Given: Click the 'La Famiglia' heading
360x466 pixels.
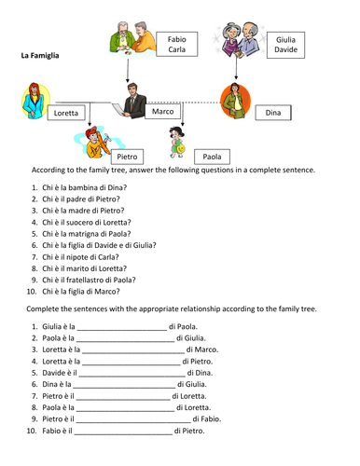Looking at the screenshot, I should (x=40, y=56).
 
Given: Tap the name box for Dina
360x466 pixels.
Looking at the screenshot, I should (x=272, y=113).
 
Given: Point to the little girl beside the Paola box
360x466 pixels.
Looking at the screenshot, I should (x=177, y=145).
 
